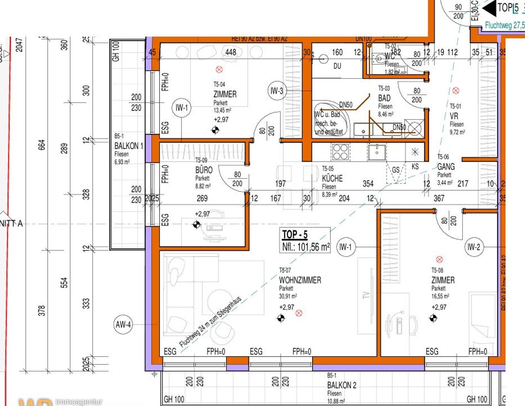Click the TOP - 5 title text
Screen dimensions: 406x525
coord(295,234)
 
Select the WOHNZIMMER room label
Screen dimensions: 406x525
coord(300,280)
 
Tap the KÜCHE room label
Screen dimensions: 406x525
coord(332,178)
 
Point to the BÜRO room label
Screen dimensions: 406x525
coord(204,170)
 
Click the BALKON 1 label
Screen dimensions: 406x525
coord(129,146)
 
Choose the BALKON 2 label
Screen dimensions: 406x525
coord(341,385)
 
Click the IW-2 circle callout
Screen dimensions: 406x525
coord(474,247)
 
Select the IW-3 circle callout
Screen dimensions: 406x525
coord(277,91)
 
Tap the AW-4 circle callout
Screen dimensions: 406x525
coord(123,324)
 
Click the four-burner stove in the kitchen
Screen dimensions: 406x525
coord(340,152)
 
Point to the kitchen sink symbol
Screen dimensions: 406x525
coord(377,152)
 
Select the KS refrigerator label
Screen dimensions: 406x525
coord(415,167)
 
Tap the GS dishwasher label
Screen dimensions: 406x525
coord(395,170)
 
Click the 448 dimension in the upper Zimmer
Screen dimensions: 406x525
coord(231,52)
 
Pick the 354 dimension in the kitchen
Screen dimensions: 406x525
coord(368,184)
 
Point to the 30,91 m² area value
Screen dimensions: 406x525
coord(288,296)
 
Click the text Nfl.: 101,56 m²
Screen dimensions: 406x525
coord(306,247)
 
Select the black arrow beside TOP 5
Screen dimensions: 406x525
coord(489,8)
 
